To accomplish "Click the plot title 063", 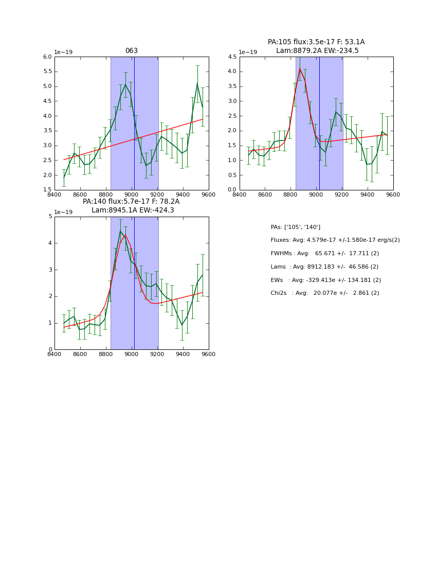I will click(132, 51).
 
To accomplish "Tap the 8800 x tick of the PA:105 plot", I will click(290, 194).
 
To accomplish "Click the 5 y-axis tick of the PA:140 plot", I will click(50, 217).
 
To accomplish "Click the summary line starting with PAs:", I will click(295, 227).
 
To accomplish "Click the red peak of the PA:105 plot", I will click(300, 69).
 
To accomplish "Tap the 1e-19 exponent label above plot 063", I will click(63, 52).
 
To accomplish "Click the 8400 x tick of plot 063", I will click(54, 194).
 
